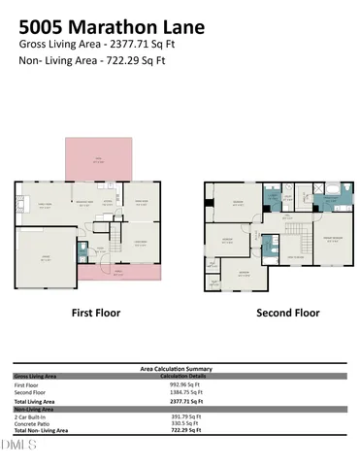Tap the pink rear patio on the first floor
point(97,158)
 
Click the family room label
point(45,205)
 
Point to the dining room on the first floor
point(140,203)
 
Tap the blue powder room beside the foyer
point(83,250)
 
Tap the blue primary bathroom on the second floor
point(334,200)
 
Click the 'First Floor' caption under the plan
point(96,314)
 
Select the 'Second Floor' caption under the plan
point(286,314)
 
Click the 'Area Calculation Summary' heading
point(176,369)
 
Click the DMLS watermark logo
point(18,445)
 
